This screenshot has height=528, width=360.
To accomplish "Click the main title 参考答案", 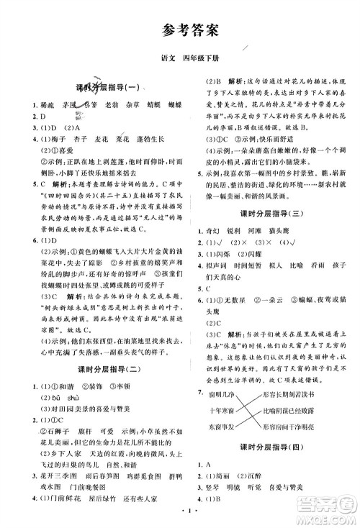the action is point(180,30).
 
